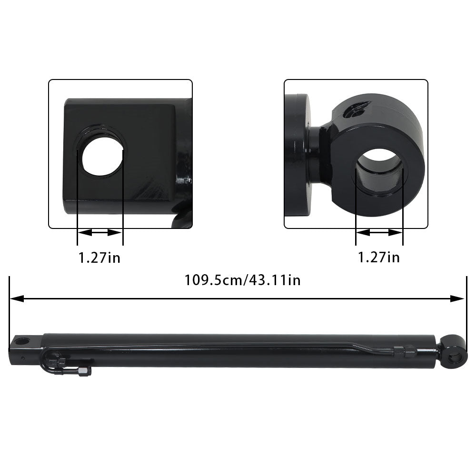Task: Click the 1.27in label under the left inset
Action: point(99,258)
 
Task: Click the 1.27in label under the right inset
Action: point(379,258)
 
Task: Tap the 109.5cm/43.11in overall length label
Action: point(243,280)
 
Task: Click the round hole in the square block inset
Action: point(102,156)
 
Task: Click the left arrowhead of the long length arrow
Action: point(17,299)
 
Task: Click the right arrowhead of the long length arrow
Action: point(457,299)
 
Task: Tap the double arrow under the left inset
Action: point(100,233)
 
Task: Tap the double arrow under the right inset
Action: point(379,233)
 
